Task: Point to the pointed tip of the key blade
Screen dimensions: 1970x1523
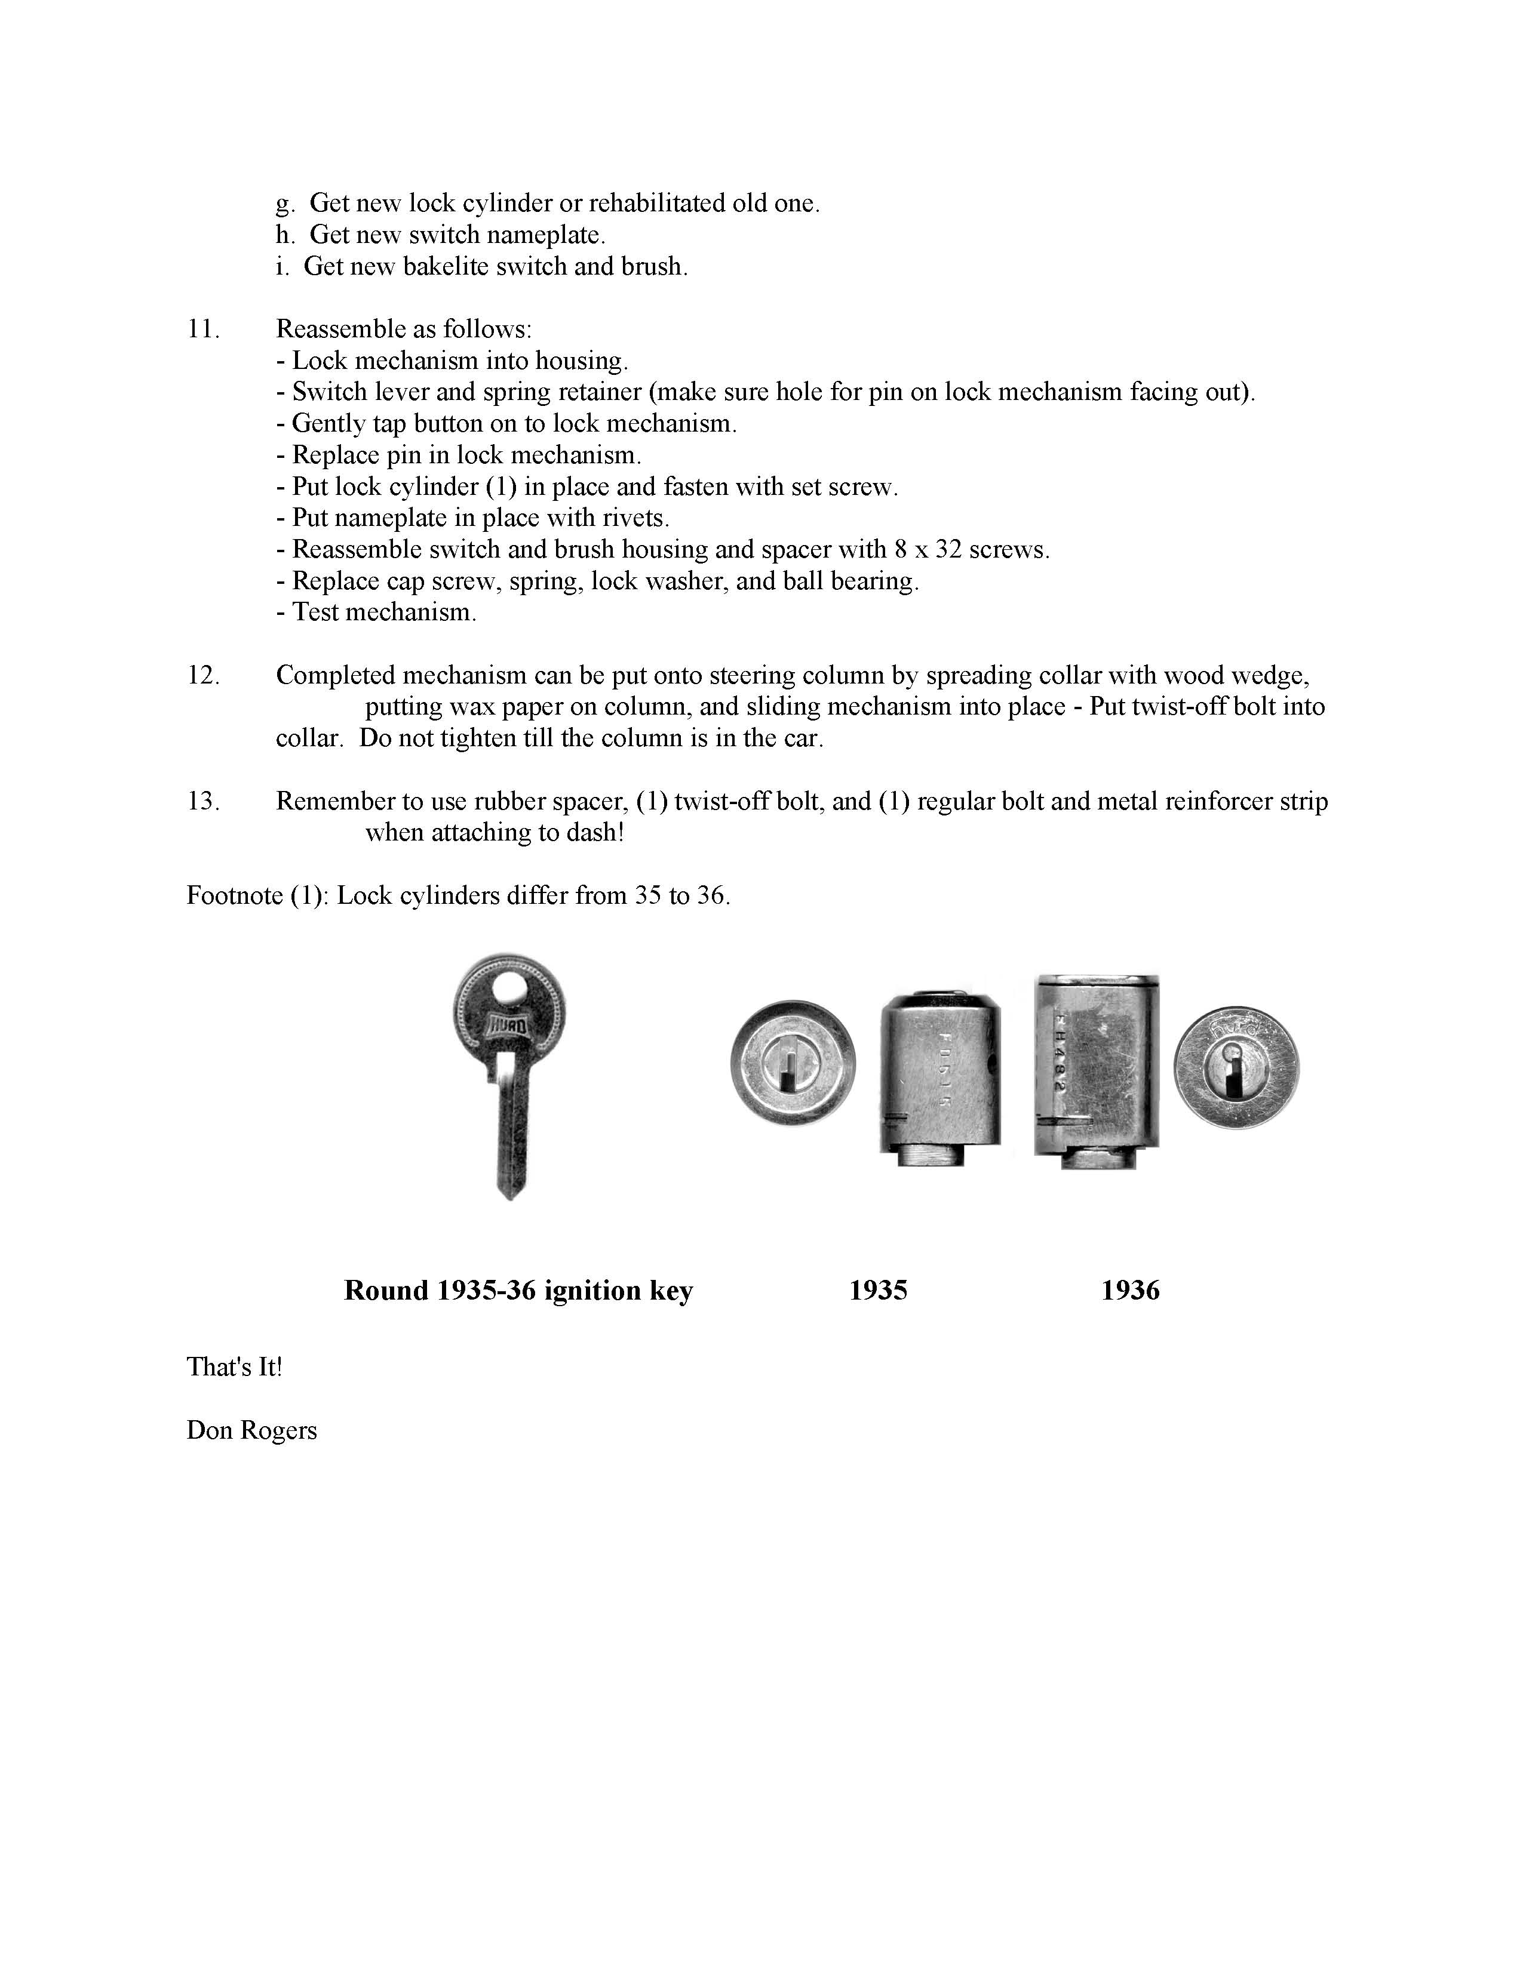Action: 510,1195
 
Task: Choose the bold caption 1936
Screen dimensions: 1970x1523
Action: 1129,1291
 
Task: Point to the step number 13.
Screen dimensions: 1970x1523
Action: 203,801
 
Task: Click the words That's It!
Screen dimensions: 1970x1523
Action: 234,1368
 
